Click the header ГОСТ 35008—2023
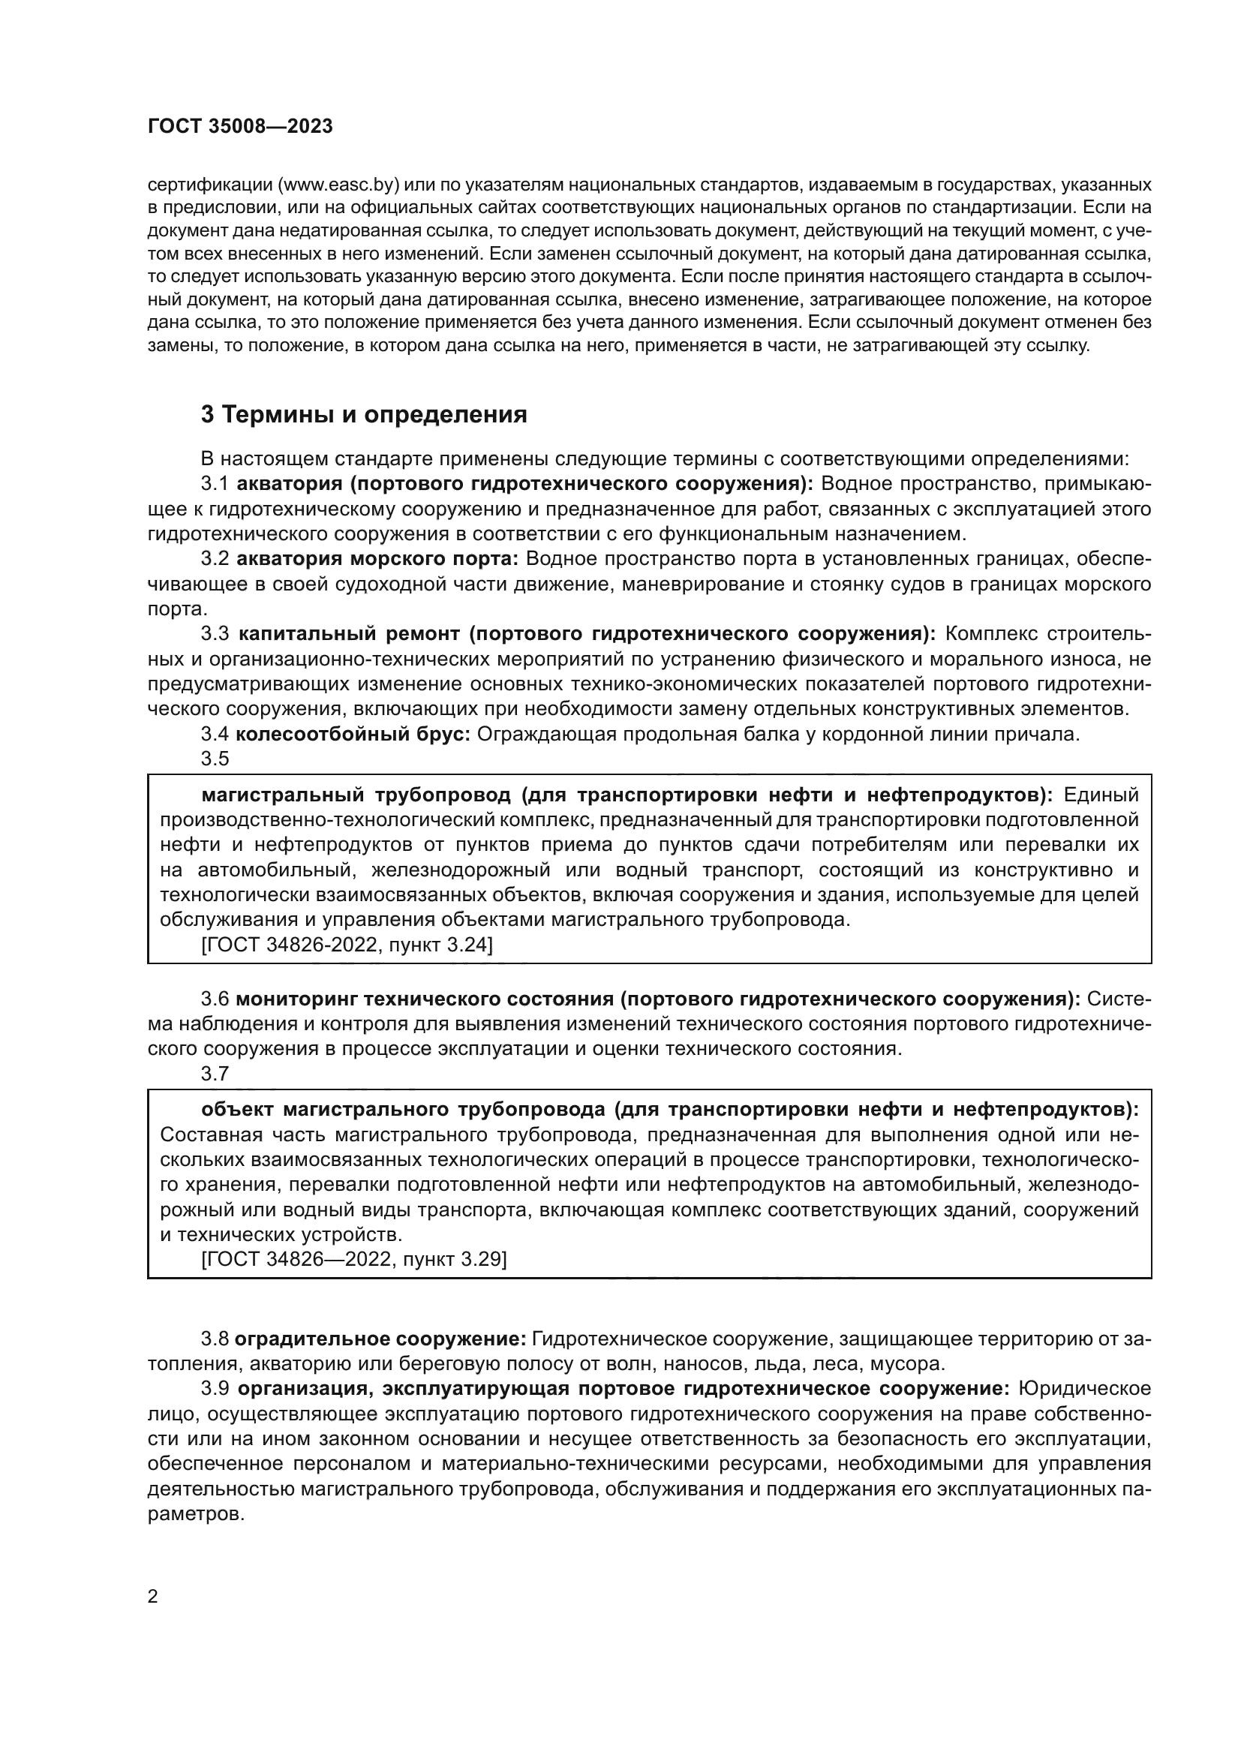pyautogui.click(x=240, y=127)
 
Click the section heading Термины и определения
pyautogui.click(x=364, y=415)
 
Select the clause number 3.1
pyautogui.click(x=215, y=484)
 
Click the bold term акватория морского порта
pyautogui.click(x=377, y=559)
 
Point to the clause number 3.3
pyautogui.click(x=215, y=634)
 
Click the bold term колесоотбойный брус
pyautogui.click(x=353, y=735)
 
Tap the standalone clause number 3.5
pyautogui.click(x=215, y=759)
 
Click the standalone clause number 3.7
pyautogui.click(x=215, y=1074)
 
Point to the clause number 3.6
pyautogui.click(x=215, y=999)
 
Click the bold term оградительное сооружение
pyautogui.click(x=380, y=1339)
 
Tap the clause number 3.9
pyautogui.click(x=215, y=1389)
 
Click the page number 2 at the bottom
pyautogui.click(x=153, y=1597)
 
